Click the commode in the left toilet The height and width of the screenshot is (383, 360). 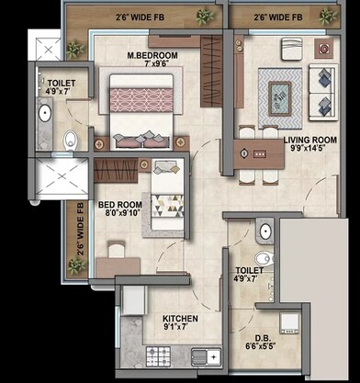tap(72, 141)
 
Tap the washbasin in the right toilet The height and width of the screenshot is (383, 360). tap(265, 231)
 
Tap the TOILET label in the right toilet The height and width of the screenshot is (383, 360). tap(249, 270)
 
